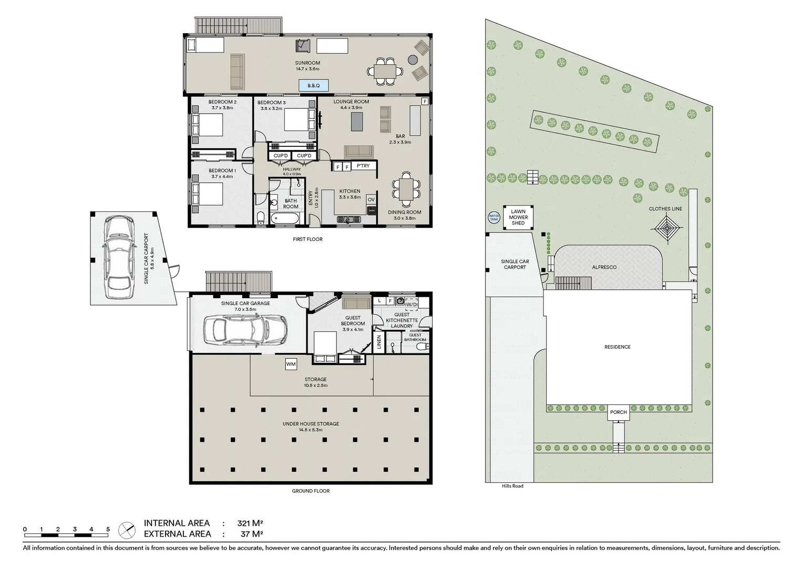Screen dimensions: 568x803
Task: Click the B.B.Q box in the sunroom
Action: pyautogui.click(x=314, y=85)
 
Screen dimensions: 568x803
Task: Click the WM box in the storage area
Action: pyautogui.click(x=291, y=364)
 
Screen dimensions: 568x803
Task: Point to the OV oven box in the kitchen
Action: pyautogui.click(x=371, y=199)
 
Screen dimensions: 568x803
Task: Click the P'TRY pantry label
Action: pyautogui.click(x=363, y=166)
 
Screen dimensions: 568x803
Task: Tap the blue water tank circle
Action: pyautogui.click(x=494, y=217)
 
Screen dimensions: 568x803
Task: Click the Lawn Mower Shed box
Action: pyautogui.click(x=518, y=217)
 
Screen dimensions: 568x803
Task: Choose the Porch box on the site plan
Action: pyautogui.click(x=619, y=412)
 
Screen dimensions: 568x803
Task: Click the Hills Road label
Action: pyautogui.click(x=512, y=486)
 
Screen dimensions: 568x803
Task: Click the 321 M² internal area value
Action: pyautogui.click(x=250, y=523)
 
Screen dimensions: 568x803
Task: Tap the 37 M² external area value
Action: pyautogui.click(x=250, y=534)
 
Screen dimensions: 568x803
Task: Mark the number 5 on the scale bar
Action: pyautogui.click(x=108, y=529)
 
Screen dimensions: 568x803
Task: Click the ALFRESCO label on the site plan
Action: pyautogui.click(x=604, y=267)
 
